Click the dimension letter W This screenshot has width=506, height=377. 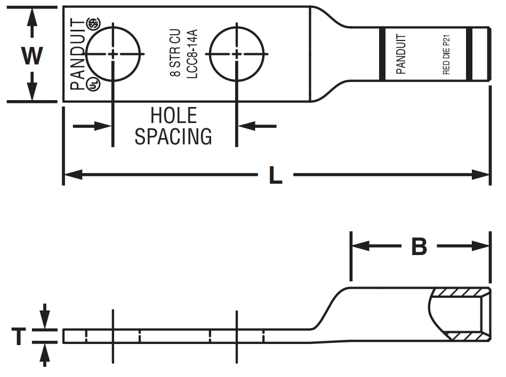click(32, 55)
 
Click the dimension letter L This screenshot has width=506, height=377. click(275, 175)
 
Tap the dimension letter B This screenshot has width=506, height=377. click(419, 247)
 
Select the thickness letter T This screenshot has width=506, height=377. click(19, 337)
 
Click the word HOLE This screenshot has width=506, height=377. click(173, 116)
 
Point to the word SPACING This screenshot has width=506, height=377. click(173, 137)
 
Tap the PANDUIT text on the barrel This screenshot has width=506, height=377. click(401, 54)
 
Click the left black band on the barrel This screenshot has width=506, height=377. click(382, 54)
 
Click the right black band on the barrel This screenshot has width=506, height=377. click(470, 54)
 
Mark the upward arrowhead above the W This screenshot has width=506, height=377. click(33, 16)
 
